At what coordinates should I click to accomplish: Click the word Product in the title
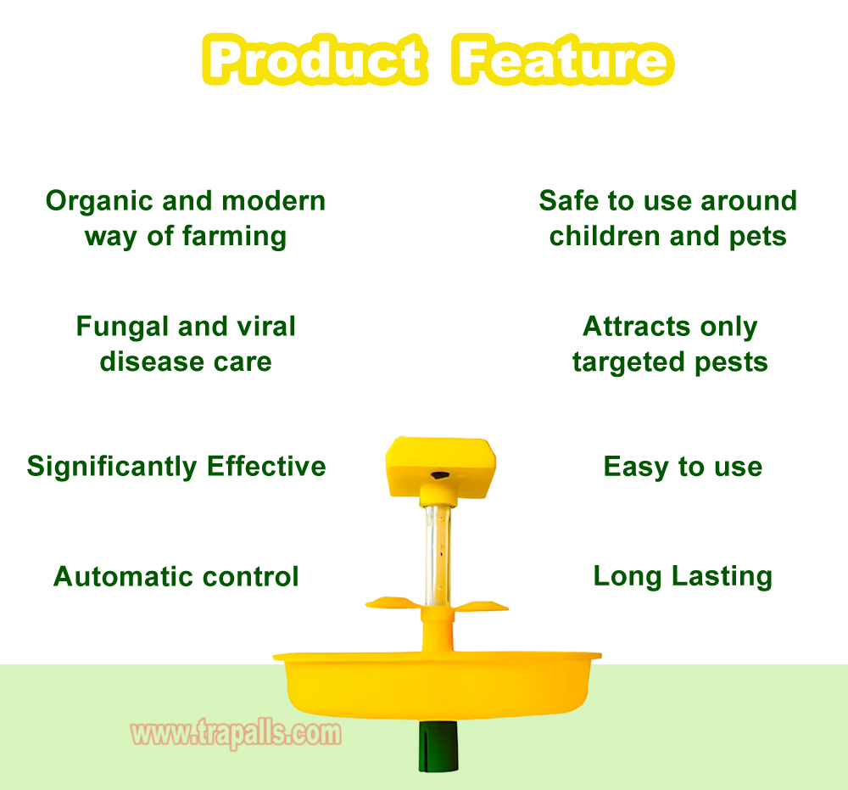[315, 59]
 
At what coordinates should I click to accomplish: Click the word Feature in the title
[562, 59]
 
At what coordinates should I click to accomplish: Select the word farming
[234, 237]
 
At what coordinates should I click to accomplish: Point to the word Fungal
[122, 327]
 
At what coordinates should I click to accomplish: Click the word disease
[153, 361]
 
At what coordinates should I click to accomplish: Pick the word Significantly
[112, 467]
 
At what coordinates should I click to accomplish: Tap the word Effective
[266, 466]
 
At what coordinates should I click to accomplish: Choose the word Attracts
[637, 327]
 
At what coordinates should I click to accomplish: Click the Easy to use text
[683, 467]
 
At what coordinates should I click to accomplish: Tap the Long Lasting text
[683, 576]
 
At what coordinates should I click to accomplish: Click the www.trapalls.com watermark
[237, 734]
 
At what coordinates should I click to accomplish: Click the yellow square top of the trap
[440, 467]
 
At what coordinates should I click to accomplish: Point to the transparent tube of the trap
[438, 555]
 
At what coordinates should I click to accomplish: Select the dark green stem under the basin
[438, 746]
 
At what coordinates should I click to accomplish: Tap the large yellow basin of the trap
[437, 685]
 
